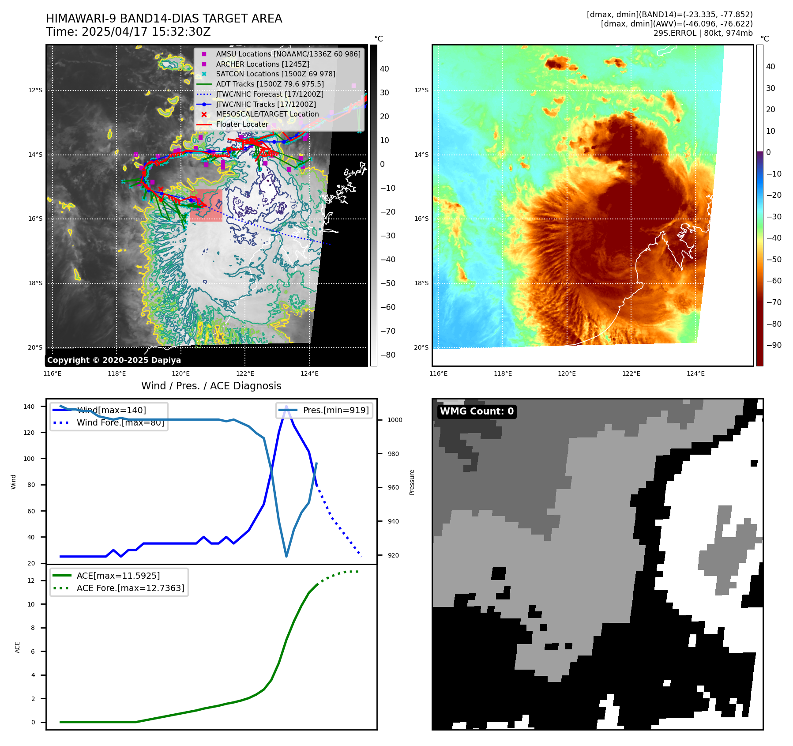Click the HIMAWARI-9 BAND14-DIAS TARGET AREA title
[164, 19]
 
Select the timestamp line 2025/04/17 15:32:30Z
[128, 32]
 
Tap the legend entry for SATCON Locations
[275, 74]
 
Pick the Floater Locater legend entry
[242, 124]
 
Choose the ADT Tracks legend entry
[270, 84]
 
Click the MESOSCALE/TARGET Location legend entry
[267, 114]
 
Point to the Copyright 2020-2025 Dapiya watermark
[114, 360]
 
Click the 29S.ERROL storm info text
[703, 33]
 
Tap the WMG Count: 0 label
[477, 411]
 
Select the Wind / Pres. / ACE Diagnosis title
[211, 386]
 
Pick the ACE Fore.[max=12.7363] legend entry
[130, 588]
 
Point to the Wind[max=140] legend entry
[111, 410]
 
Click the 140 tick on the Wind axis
[29, 407]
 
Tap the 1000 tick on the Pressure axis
[395, 420]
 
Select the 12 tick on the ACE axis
[31, 580]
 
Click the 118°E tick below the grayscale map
[117, 373]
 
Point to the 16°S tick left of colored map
[421, 219]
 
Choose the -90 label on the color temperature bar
[774, 345]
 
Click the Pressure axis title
[412, 482]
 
